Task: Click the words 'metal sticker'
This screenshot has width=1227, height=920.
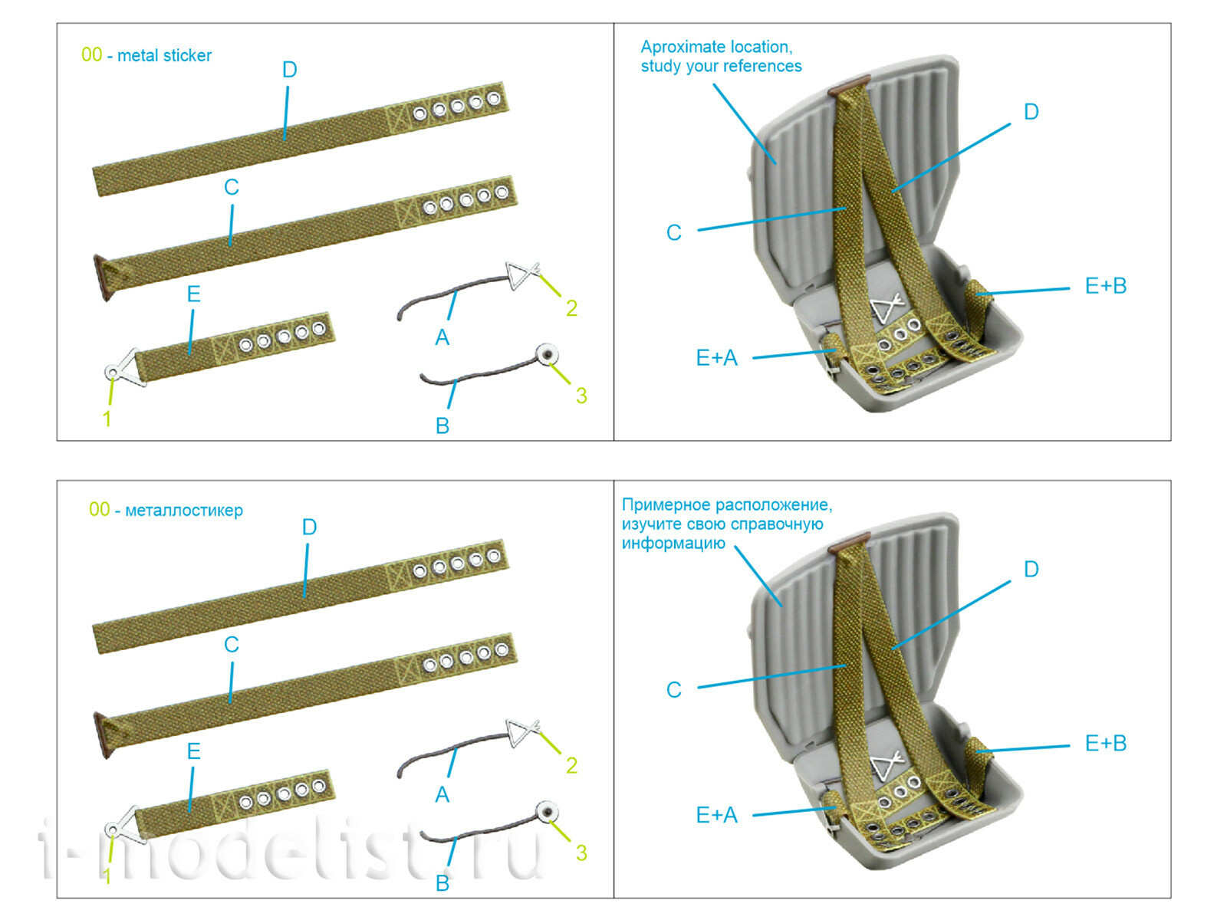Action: tap(164, 55)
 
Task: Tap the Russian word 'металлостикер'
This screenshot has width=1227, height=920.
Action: tap(184, 511)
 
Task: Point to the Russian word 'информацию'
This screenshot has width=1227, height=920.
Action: tap(673, 544)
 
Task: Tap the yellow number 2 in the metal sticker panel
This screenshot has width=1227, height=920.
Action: tap(571, 308)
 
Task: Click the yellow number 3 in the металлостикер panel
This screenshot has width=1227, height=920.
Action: tap(581, 853)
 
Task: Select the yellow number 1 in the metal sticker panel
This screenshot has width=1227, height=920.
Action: tap(107, 419)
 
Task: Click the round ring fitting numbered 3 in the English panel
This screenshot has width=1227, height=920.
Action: tap(546, 354)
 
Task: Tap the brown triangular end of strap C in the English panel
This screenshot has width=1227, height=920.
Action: tap(103, 278)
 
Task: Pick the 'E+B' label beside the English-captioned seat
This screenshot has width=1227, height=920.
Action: tap(1105, 286)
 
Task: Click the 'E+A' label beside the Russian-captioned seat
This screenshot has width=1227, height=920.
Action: tap(716, 815)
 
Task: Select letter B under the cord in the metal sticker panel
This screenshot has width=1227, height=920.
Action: tap(442, 426)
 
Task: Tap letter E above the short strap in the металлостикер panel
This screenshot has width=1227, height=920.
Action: tap(193, 751)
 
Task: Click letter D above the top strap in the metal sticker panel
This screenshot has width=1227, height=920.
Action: tap(289, 70)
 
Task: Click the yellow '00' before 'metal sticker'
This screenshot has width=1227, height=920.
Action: tap(91, 54)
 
